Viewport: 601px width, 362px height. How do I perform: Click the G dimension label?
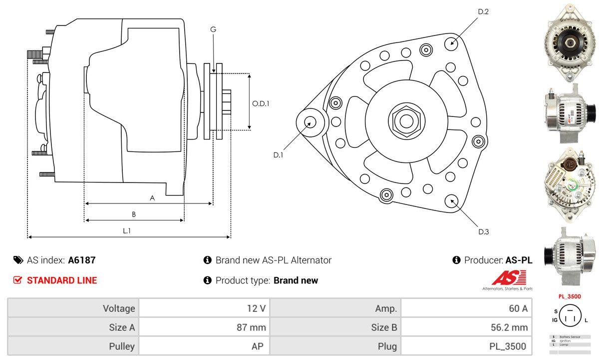click(213, 29)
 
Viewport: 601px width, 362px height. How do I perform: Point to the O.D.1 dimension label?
click(261, 104)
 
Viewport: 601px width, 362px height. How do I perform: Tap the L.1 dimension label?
click(127, 230)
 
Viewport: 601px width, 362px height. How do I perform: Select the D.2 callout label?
click(483, 11)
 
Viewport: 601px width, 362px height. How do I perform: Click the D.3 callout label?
click(483, 231)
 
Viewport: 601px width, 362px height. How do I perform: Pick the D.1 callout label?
click(278, 155)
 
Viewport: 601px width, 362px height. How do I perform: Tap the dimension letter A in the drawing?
click(152, 198)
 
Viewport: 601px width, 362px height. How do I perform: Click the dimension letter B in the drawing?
click(133, 214)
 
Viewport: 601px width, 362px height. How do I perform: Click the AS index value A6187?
click(81, 260)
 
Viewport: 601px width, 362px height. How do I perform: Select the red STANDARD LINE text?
click(62, 280)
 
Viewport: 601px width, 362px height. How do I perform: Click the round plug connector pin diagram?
click(569, 315)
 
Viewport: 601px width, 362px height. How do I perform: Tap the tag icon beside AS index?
click(18, 260)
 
